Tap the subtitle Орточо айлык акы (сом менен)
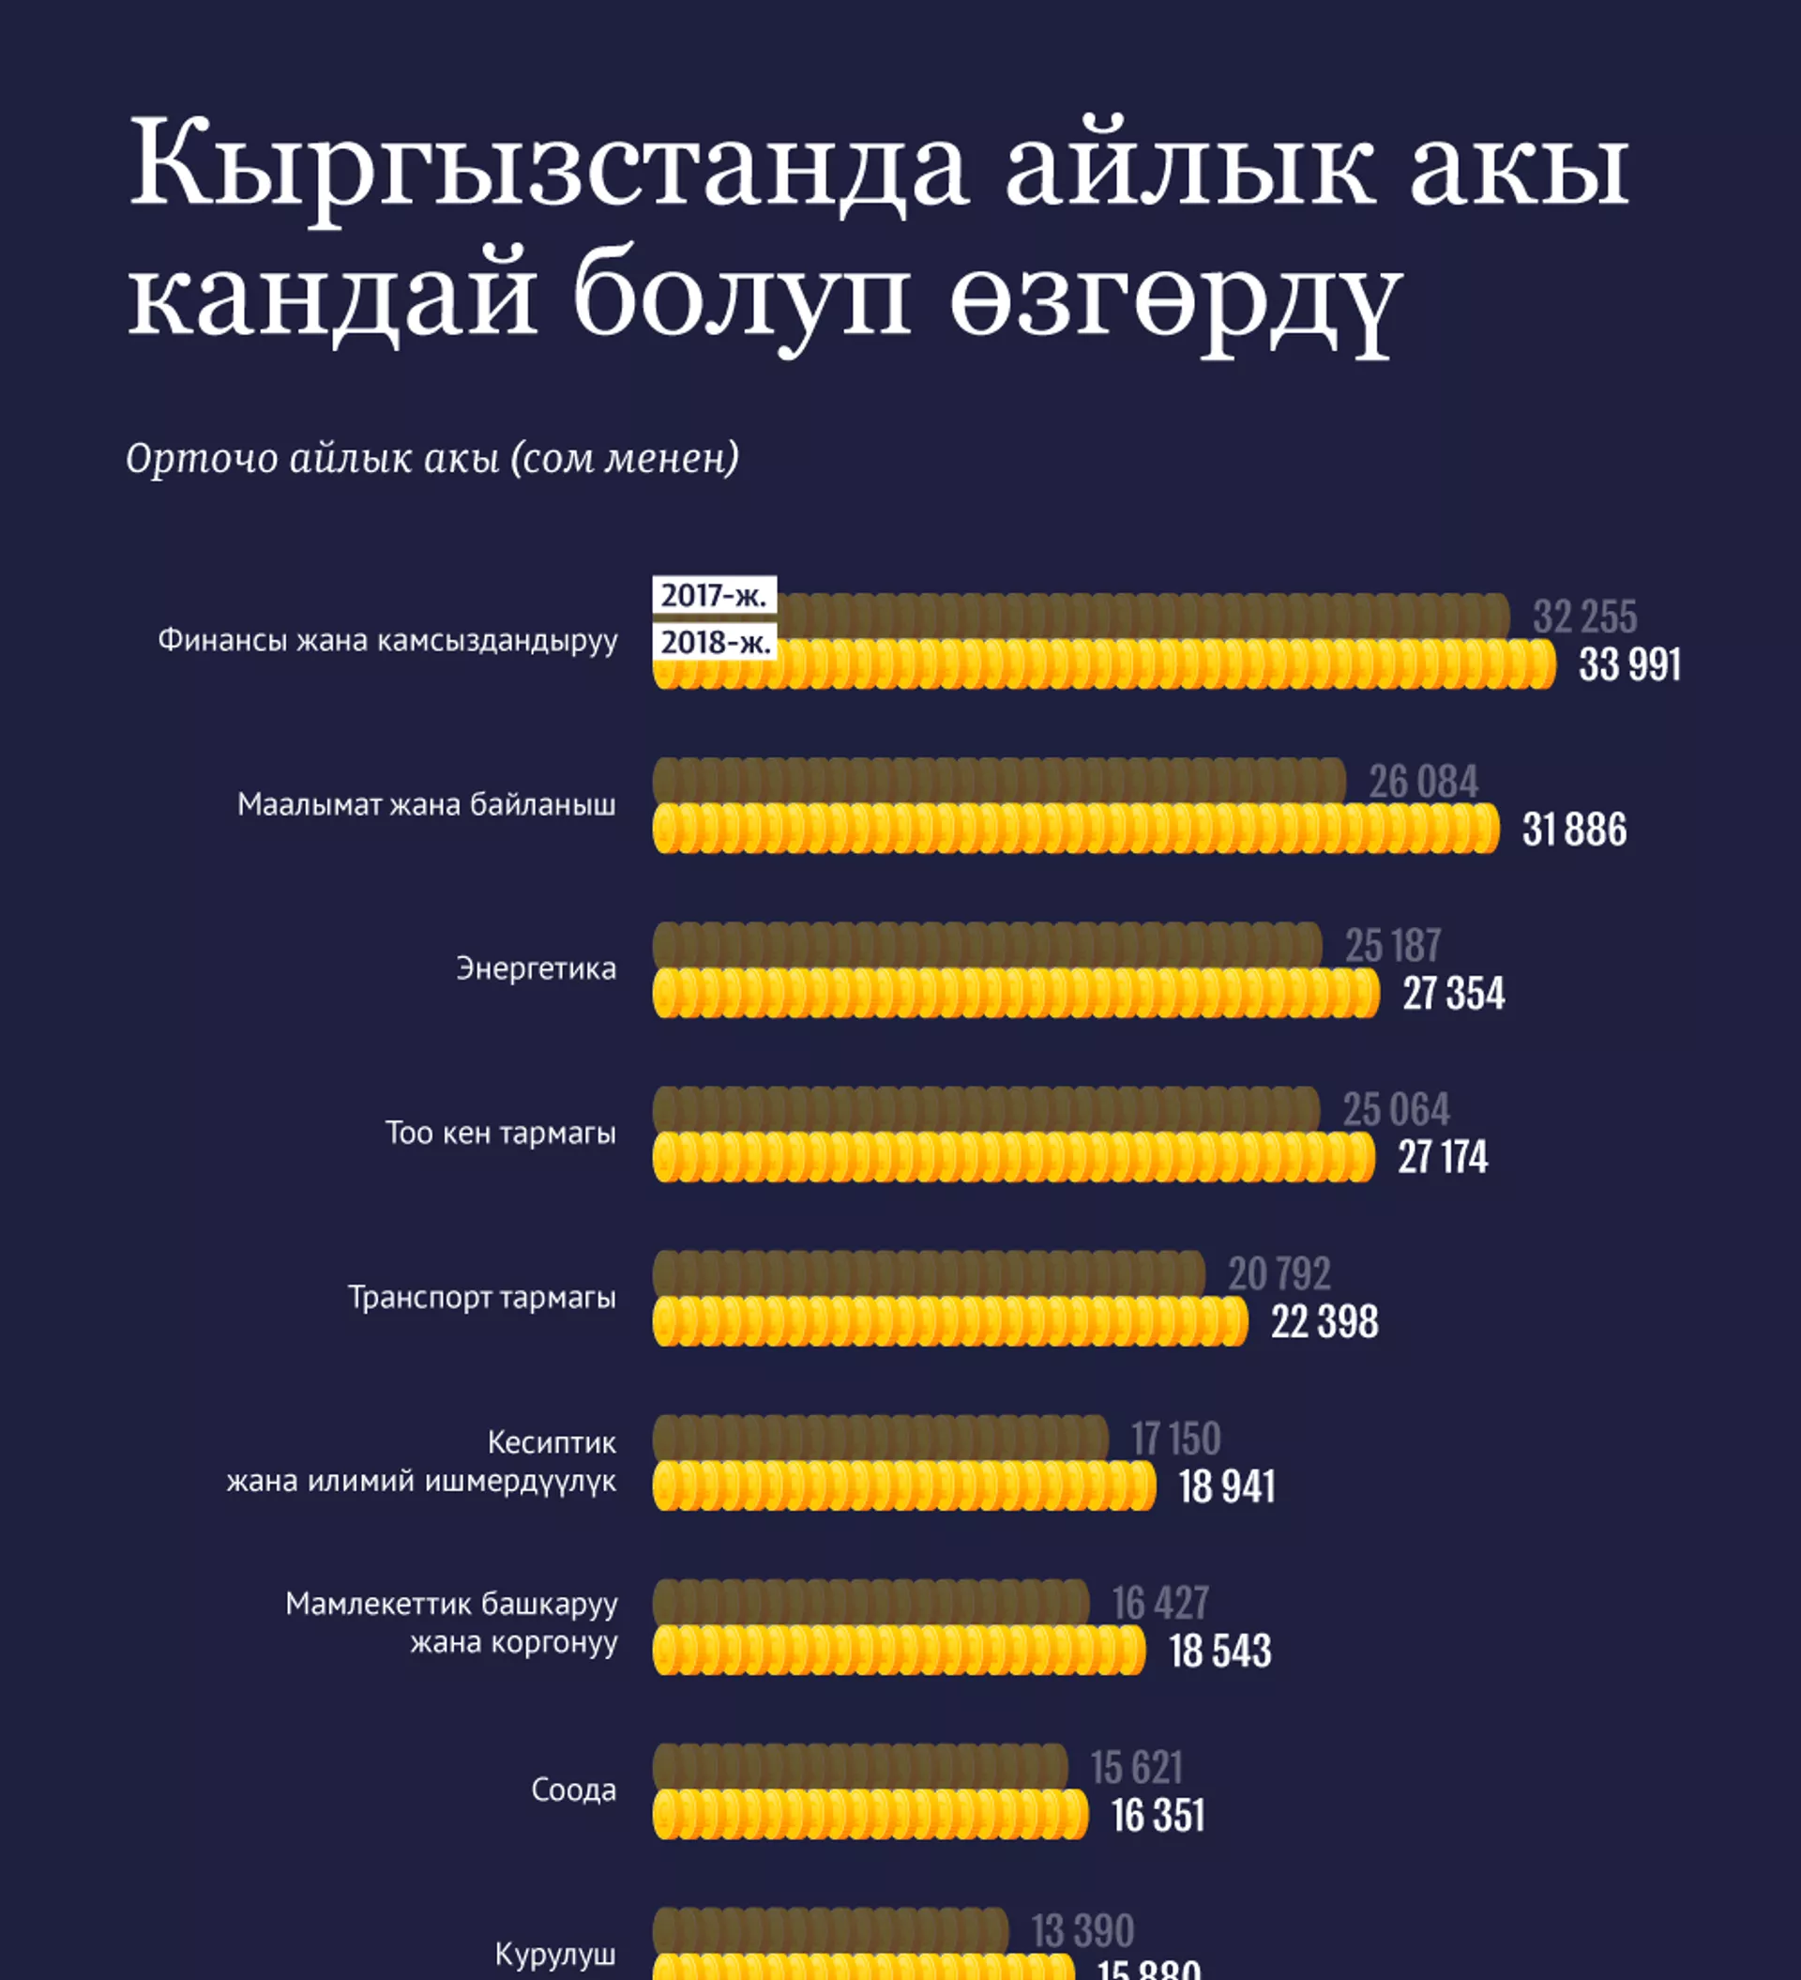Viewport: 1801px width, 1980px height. (x=432, y=459)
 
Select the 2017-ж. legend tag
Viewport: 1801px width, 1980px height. (x=714, y=595)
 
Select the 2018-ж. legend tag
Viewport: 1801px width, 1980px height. (x=715, y=642)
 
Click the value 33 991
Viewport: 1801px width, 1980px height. (x=1629, y=665)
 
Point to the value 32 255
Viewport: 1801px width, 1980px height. (x=1584, y=617)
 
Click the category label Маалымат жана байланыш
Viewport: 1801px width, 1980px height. (x=426, y=805)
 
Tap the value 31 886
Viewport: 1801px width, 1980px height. (x=1573, y=830)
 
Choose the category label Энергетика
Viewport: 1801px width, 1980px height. (x=537, y=969)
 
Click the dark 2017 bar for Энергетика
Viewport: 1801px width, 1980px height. (x=987, y=945)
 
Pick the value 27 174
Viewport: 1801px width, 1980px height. (x=1442, y=1157)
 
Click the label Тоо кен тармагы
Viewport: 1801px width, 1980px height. (x=500, y=1134)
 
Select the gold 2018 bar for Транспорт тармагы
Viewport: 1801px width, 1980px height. (x=949, y=1321)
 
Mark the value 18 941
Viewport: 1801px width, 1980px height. (x=1226, y=1486)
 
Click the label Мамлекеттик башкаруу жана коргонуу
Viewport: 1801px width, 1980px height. (x=451, y=1622)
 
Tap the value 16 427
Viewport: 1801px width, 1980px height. (x=1159, y=1604)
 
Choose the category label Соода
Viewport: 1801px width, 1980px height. (x=573, y=1790)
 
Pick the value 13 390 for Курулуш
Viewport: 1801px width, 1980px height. (x=1082, y=1931)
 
